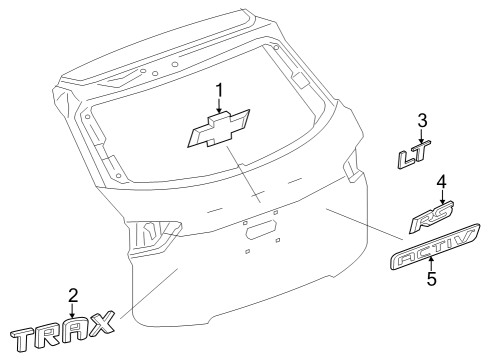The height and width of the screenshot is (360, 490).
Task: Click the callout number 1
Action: point(218,92)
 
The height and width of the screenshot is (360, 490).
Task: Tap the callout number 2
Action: point(72,295)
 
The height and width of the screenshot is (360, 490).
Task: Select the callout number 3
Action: point(422,122)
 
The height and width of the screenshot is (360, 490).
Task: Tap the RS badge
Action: point(432,217)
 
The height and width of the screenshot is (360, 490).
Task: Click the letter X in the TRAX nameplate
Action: point(101,324)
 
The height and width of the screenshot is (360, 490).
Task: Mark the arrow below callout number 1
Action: point(218,109)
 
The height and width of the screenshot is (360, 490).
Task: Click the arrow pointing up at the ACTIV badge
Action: point(431,264)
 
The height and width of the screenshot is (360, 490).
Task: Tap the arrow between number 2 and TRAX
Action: point(72,312)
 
